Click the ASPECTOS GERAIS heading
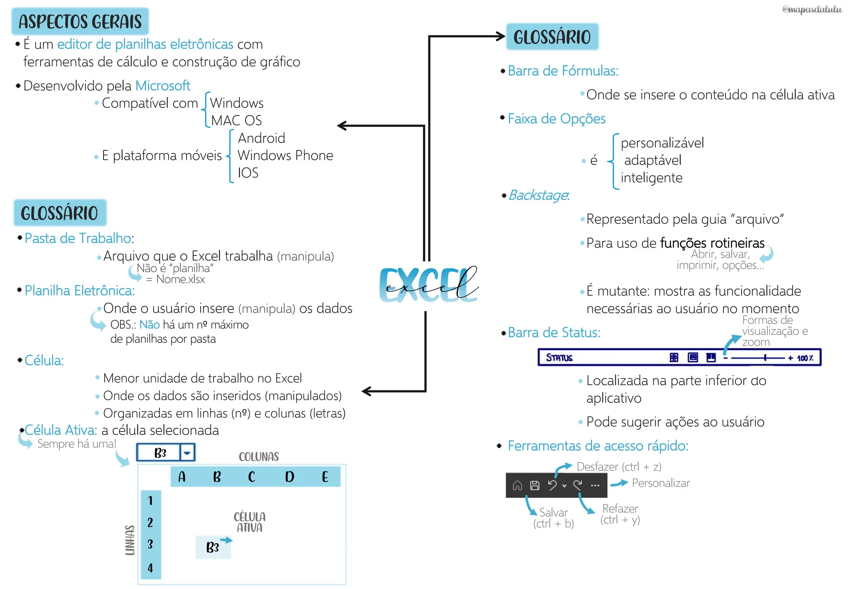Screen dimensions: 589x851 [x=80, y=22]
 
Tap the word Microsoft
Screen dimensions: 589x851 [x=162, y=86]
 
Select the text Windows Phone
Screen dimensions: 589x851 [x=285, y=155]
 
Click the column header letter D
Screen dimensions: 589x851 [x=290, y=477]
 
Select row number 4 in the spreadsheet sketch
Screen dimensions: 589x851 [x=150, y=567]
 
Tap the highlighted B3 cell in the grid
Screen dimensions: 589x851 [x=213, y=547]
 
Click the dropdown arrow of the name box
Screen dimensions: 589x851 [x=187, y=453]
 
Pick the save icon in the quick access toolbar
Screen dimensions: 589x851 [x=535, y=485]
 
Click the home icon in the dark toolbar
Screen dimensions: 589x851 [x=517, y=485]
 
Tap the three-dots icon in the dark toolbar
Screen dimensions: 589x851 [x=595, y=485]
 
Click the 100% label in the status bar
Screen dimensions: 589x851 [x=805, y=358]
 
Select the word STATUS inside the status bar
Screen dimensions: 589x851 [x=559, y=358]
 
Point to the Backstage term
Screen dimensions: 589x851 [x=539, y=195]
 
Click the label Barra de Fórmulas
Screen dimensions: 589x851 [x=563, y=71]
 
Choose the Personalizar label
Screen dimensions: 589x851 [x=661, y=483]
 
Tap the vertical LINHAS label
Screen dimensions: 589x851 [x=130, y=540]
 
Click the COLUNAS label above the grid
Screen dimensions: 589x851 [x=258, y=457]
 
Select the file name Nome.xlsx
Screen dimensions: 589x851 [x=180, y=280]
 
